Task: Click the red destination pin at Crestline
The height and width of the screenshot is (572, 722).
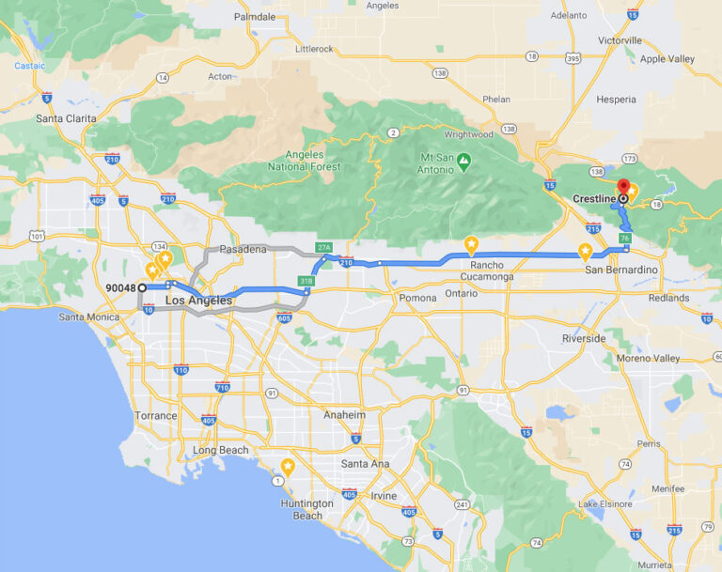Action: coord(622,187)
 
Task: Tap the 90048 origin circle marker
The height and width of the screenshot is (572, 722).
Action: coord(142,287)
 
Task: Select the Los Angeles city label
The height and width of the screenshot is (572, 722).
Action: coord(198,301)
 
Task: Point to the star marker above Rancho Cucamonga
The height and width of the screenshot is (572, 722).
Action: coord(471,245)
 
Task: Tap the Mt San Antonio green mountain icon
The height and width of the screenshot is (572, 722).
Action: coord(463,162)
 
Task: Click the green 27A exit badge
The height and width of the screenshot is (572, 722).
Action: coord(324,247)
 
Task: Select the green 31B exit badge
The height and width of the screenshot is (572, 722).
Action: coord(306,281)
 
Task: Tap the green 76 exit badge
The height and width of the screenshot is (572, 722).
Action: coord(625,240)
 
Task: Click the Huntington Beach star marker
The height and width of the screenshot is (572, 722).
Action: coord(288,467)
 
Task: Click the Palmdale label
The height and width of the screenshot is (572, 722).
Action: coord(255,17)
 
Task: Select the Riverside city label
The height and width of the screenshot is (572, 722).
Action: coord(584,338)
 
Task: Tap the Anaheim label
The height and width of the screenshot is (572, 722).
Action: coord(345,414)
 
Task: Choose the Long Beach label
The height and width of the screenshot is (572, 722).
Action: coord(221,450)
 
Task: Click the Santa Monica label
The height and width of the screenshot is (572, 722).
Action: coord(89,317)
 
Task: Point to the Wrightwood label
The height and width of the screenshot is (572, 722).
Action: coord(468,134)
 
